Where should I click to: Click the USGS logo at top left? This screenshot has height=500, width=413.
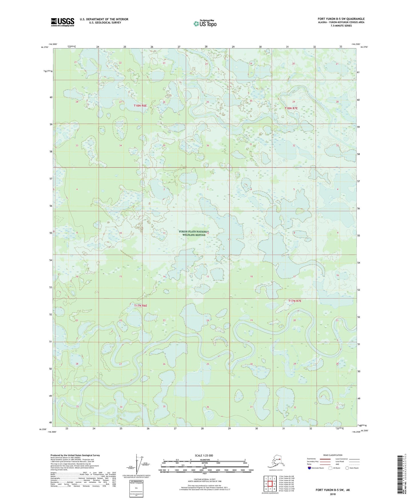coord(62,22)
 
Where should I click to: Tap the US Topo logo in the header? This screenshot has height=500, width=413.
coord(205,23)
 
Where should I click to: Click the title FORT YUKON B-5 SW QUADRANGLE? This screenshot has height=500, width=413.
coord(341,19)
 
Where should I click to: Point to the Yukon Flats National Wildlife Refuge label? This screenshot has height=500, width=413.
coord(194,233)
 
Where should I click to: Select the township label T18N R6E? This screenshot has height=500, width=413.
coord(140,106)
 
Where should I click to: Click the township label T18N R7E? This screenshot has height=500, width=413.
coord(291,108)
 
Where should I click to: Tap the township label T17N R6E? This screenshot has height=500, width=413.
coord(140,306)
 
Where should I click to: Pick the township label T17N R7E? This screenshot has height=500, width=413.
coord(295,301)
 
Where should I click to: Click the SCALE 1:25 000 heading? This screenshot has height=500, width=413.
coord(204,455)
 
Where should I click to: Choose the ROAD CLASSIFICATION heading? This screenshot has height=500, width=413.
coord(333,455)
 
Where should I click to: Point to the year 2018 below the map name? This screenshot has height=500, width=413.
coord(333,494)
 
